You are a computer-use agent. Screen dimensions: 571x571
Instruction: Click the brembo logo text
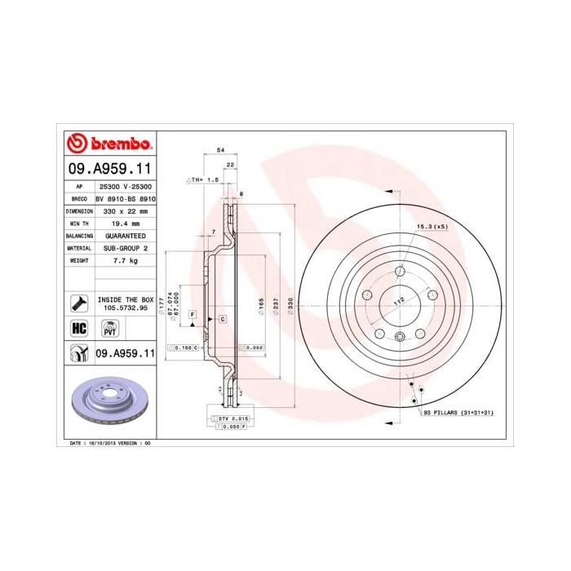point(119,144)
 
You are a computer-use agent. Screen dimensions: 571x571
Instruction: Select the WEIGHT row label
point(77,260)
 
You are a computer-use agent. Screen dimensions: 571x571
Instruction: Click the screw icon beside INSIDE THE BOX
point(78,303)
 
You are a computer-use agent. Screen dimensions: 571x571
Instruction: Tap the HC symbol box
point(78,328)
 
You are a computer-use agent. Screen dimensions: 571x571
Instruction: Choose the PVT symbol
point(108,329)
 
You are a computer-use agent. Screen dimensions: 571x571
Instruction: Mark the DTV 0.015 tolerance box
point(235,418)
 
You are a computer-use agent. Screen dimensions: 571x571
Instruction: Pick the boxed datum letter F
point(193,314)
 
